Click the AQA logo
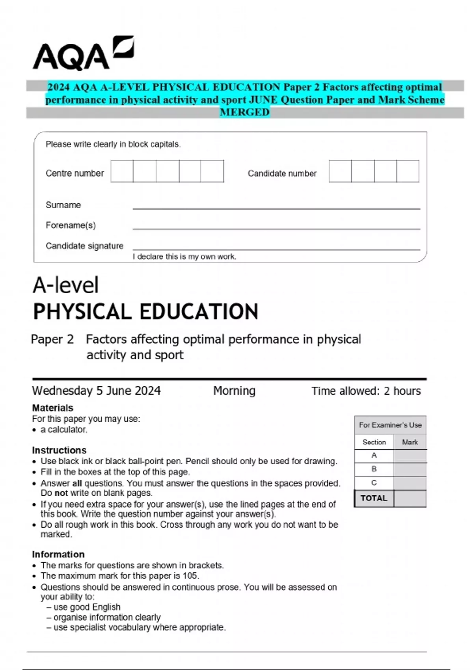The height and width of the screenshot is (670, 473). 83,54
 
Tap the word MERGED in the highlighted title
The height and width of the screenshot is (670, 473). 244,112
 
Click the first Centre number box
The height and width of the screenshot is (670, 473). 122,171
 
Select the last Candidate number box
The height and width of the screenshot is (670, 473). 408,171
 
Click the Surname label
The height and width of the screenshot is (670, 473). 63,205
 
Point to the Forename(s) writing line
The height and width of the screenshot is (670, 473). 276,228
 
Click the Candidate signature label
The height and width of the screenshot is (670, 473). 84,246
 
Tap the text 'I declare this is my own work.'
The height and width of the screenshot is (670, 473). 184,257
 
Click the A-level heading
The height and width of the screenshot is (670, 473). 66,285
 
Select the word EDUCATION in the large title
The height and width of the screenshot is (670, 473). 199,312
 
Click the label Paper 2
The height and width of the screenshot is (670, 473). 52,339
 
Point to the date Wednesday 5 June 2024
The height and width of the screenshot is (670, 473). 96,391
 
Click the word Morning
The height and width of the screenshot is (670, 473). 234,391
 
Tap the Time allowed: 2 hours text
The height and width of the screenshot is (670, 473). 366,391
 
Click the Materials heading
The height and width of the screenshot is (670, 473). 52,408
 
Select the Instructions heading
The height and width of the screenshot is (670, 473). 59,450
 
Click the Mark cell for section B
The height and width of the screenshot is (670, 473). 410,469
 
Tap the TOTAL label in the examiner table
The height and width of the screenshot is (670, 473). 374,498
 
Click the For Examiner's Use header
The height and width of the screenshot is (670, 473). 390,425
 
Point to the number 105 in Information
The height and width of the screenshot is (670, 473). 190,576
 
